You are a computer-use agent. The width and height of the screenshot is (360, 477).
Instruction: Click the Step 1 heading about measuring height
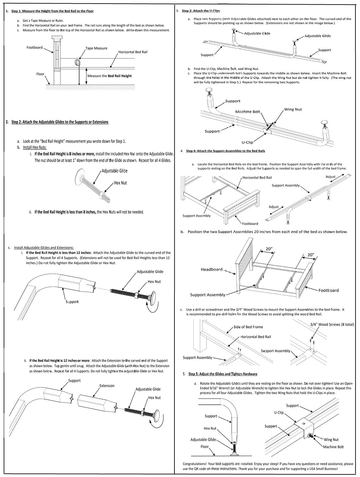coord(52,11)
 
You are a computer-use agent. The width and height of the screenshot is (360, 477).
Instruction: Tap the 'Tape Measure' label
coord(96,48)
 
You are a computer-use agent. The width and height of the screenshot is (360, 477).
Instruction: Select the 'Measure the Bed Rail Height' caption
coord(109,76)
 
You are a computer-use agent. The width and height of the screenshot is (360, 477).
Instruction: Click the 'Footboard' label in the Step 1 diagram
coord(35,47)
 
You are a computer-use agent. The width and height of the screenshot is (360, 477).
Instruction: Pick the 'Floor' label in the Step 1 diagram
coord(40,74)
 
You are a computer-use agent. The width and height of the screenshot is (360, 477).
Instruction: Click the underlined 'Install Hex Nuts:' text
coord(35,147)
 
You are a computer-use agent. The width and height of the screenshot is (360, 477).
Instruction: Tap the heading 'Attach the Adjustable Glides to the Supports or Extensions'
coord(60,122)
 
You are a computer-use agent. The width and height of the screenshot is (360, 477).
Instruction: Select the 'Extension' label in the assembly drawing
coord(107,386)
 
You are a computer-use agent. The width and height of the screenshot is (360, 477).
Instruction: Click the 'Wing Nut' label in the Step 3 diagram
coord(293,110)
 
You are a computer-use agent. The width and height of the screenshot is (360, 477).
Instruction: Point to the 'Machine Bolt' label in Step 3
coord(248,112)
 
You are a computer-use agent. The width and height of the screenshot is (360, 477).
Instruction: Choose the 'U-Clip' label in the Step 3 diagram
coord(247,142)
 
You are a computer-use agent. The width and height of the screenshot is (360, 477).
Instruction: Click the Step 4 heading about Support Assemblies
coord(225,151)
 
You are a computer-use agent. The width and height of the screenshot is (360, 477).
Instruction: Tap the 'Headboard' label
coord(211,269)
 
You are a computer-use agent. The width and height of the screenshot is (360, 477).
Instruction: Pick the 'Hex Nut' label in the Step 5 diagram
coord(210,428)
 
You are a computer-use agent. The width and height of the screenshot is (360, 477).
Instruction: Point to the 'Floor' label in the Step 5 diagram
coord(205,447)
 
